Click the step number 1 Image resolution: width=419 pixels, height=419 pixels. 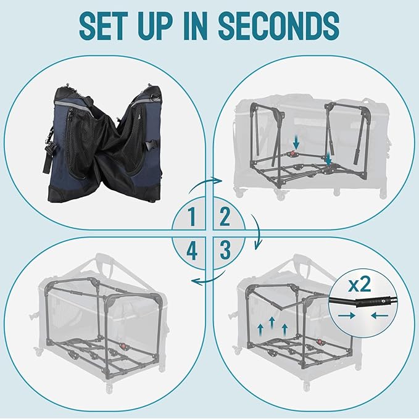193,217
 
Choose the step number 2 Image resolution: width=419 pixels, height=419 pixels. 225,217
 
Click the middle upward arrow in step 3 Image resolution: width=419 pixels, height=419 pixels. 272,323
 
